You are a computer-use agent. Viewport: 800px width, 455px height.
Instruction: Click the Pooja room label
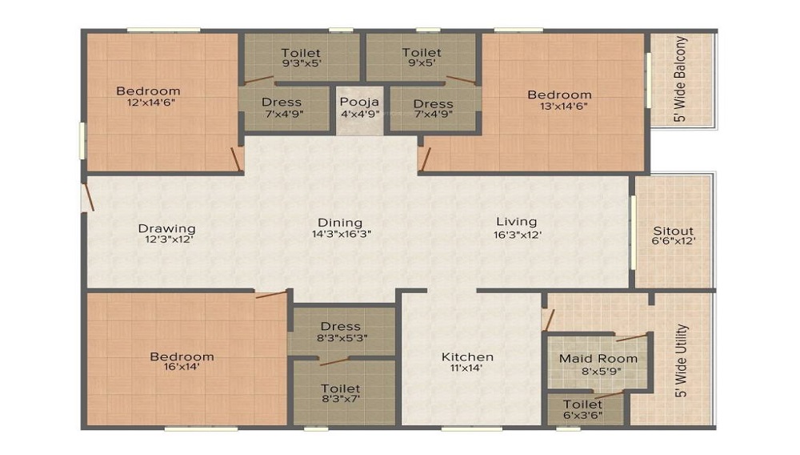pos(359,102)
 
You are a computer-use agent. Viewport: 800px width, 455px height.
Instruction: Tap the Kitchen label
pos(467,356)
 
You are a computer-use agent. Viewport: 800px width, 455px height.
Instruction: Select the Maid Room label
pos(598,358)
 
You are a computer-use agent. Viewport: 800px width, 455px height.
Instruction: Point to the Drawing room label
pos(166,227)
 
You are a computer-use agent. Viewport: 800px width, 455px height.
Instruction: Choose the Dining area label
pos(340,223)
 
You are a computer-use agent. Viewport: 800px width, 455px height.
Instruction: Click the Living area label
pos(516,222)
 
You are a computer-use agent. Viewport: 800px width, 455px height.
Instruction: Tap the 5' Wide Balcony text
pos(681,79)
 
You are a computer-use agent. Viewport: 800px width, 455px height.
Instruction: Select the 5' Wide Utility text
pos(681,361)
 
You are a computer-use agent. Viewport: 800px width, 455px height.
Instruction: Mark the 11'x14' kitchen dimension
pos(467,368)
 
